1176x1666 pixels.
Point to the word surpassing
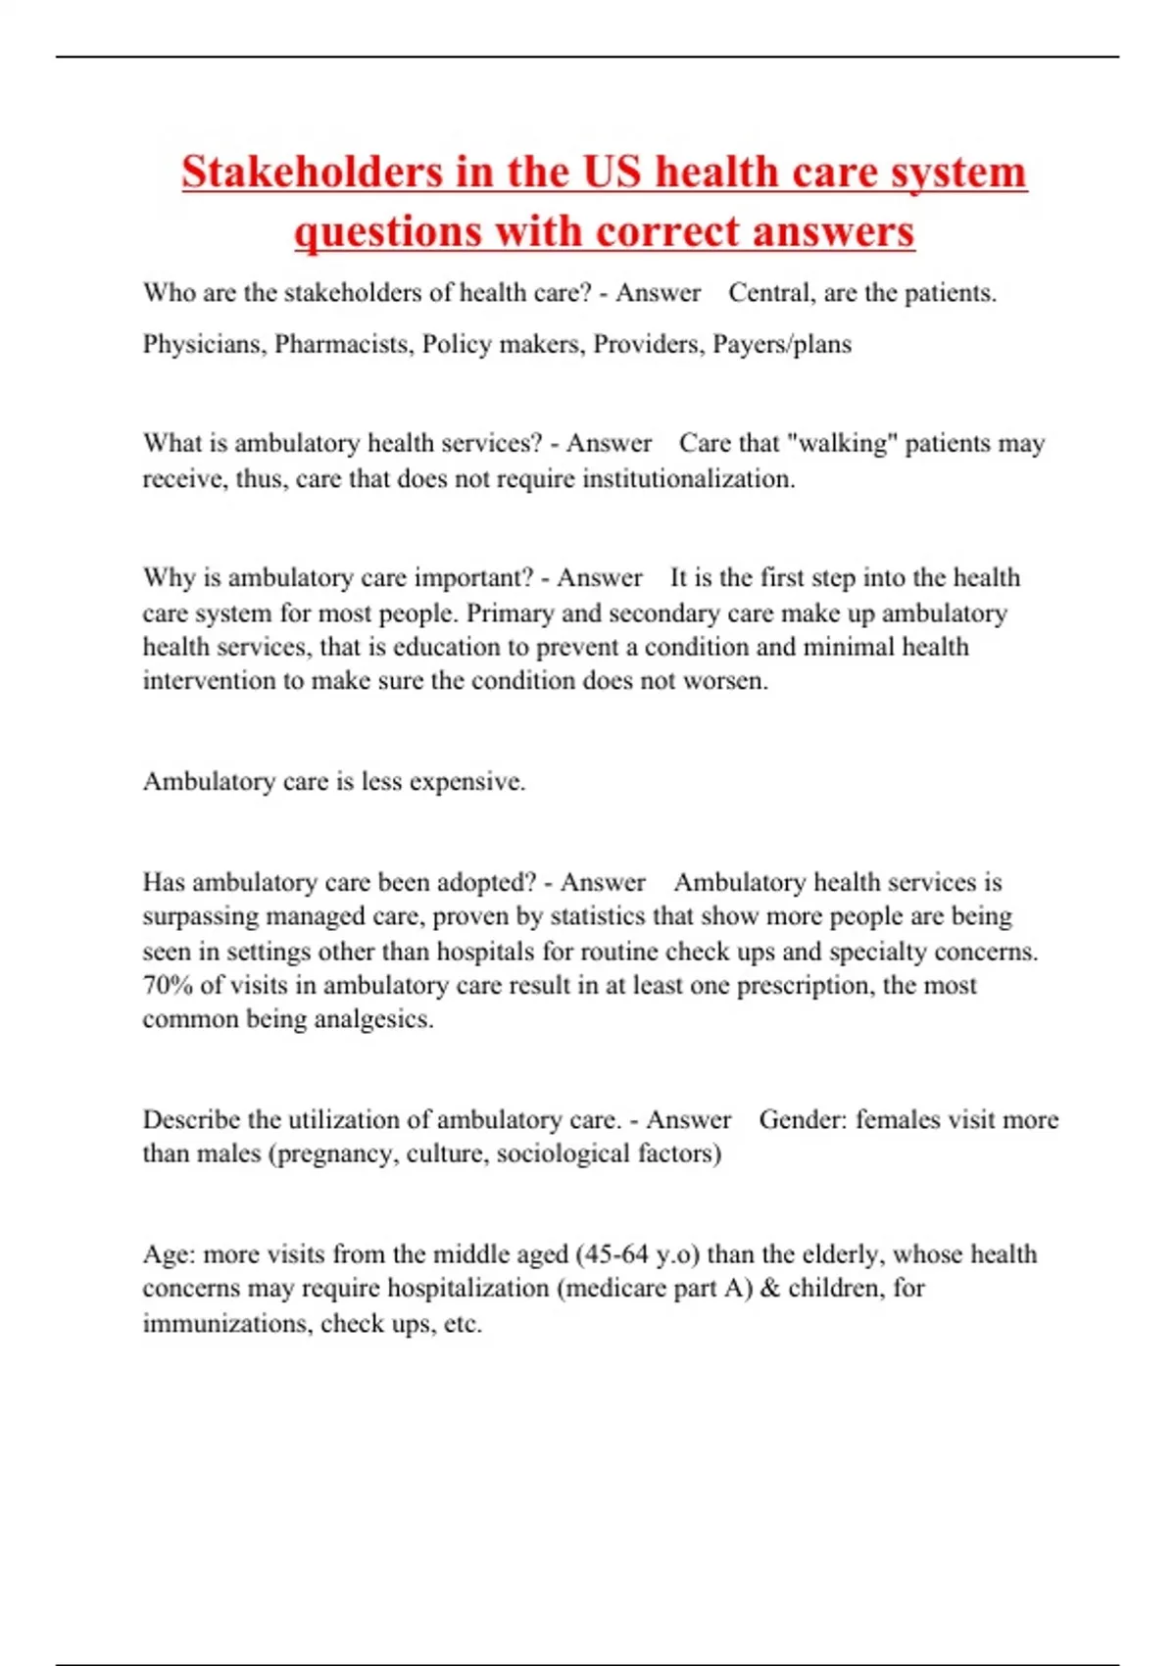click(202, 916)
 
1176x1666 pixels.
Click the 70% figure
click(169, 985)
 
